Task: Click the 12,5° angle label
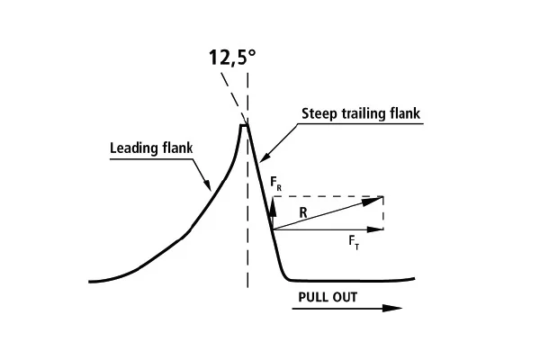[x=233, y=58]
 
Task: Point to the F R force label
[x=276, y=184]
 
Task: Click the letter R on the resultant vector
[x=303, y=212]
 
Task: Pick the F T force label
[x=354, y=242]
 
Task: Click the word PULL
[x=313, y=297]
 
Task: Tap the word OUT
[x=345, y=297]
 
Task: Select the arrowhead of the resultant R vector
[x=373, y=201]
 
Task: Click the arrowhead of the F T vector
[x=375, y=229]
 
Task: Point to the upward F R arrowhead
[x=273, y=206]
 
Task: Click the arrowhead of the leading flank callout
[x=207, y=184]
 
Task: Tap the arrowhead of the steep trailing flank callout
[x=265, y=157]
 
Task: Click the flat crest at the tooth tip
[x=244, y=125]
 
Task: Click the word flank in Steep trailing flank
[x=405, y=113]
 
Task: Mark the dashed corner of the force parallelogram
[x=383, y=197]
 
